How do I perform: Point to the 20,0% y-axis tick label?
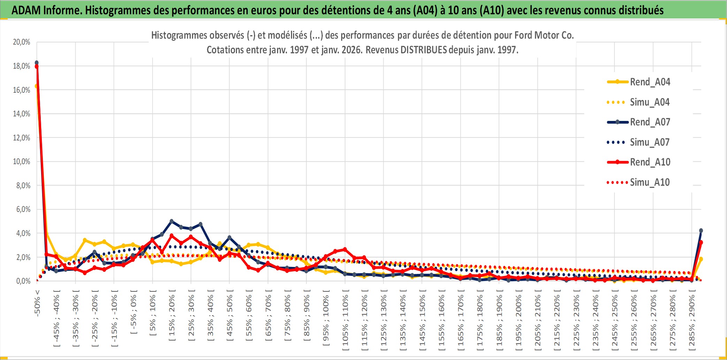click(22, 42)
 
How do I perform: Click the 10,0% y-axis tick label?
click(22, 162)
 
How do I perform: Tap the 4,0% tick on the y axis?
click(23, 233)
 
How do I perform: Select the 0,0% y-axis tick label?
click(23, 281)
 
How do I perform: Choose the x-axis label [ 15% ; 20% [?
click(172, 318)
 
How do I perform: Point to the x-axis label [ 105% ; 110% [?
click(345, 321)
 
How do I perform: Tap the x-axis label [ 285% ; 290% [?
click(691, 321)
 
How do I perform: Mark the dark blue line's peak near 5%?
click(171, 221)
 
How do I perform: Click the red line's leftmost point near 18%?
click(37, 67)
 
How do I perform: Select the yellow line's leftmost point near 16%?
click(36, 86)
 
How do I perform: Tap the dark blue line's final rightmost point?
click(701, 231)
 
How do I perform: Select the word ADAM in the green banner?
click(26, 10)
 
